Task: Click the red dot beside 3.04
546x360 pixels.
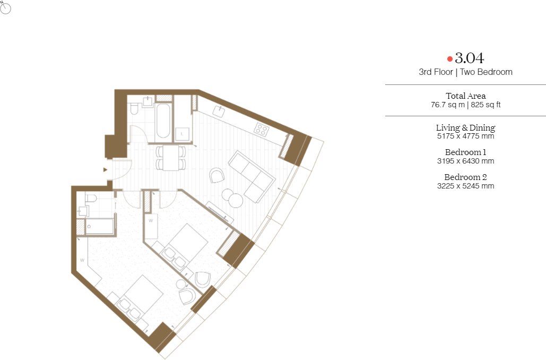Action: (450, 59)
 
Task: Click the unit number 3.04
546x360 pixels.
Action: (470, 58)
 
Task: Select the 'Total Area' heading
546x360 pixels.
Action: (465, 96)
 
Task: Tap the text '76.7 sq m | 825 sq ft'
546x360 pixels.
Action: (465, 105)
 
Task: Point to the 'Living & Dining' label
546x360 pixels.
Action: (465, 127)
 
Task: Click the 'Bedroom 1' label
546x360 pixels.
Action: (465, 152)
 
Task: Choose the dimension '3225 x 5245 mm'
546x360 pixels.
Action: (465, 186)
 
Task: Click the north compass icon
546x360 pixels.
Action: (5, 8)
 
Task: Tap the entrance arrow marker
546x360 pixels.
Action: (105, 170)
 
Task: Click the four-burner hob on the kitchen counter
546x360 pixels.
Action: (262, 130)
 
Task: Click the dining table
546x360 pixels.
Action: (171, 158)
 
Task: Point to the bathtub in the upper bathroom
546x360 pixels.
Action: (163, 121)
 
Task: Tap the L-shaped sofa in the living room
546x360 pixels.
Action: (252, 176)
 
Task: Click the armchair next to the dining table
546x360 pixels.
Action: (217, 175)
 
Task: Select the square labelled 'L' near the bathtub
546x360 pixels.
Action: (182, 134)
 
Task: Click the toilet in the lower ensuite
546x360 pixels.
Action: (91, 198)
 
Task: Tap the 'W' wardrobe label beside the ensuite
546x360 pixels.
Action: (82, 260)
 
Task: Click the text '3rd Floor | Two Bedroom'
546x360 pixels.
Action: (465, 72)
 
